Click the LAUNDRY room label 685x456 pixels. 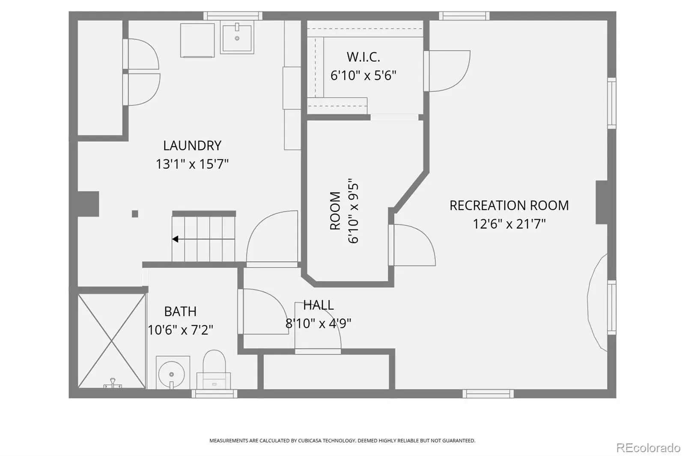192,145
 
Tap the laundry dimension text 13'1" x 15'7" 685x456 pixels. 192,164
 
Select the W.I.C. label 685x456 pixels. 363,57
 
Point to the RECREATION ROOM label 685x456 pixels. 509,205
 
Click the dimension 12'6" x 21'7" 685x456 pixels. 509,224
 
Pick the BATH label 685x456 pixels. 180,311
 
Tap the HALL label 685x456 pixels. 319,305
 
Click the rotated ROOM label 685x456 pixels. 335,210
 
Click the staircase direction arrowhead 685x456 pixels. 175,239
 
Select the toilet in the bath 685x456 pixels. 214,370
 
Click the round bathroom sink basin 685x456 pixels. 172,374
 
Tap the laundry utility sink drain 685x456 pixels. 237,38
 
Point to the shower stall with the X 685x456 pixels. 112,341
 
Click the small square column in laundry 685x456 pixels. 135,213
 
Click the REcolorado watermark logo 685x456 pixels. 648,447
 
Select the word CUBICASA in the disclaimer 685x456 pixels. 310,441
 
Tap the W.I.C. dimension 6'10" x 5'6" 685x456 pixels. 363,75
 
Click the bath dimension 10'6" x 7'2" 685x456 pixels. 180,330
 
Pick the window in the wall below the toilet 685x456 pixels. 214,394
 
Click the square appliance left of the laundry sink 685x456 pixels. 197,40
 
